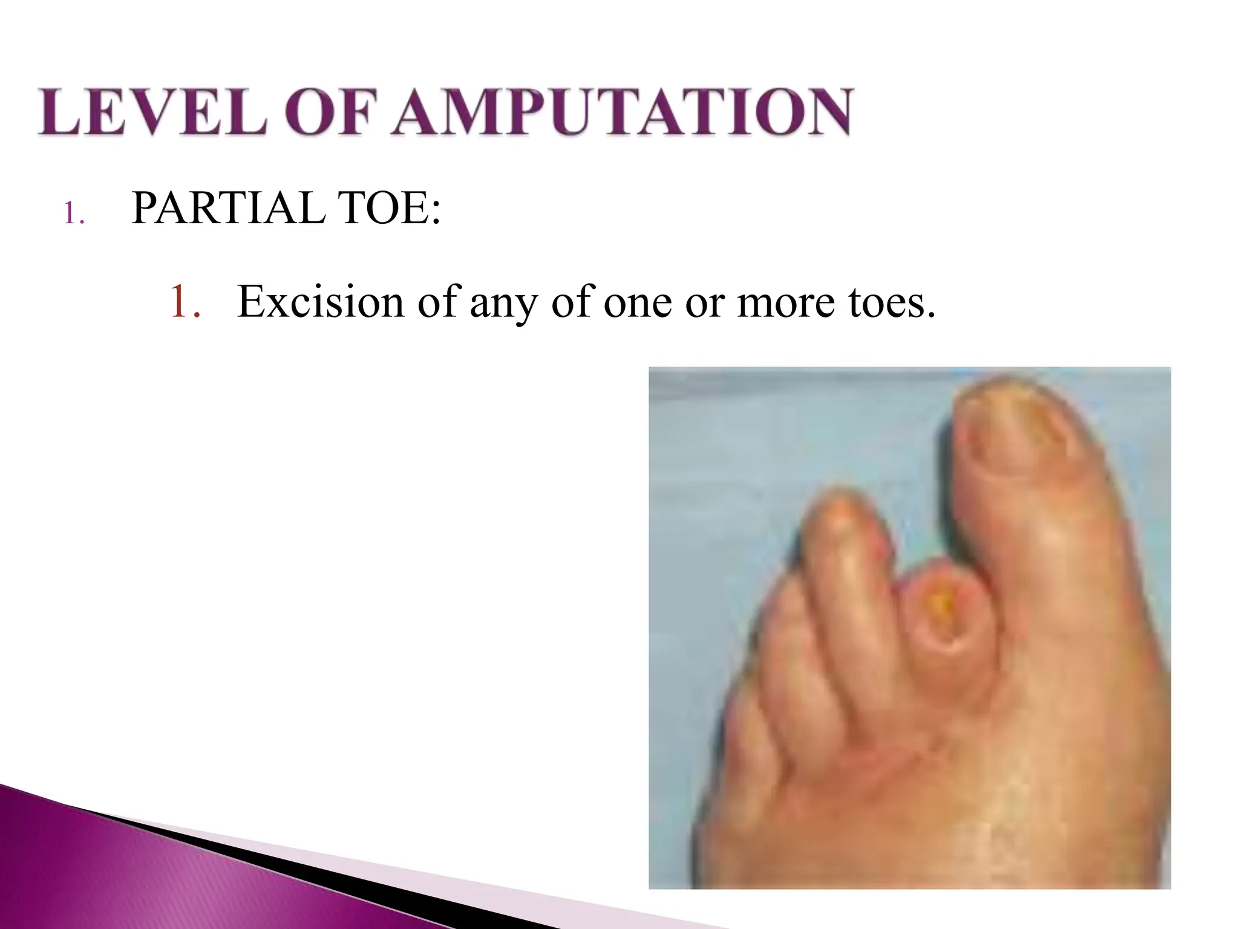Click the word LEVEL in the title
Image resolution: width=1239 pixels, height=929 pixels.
[152, 112]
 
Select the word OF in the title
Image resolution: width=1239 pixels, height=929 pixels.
[327, 112]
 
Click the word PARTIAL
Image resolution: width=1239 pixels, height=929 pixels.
[227, 208]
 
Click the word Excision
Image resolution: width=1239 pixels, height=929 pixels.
[320, 302]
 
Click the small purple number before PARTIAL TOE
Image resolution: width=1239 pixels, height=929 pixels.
[73, 214]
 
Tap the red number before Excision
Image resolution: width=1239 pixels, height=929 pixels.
[184, 302]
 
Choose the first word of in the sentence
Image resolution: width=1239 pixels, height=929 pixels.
[435, 302]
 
